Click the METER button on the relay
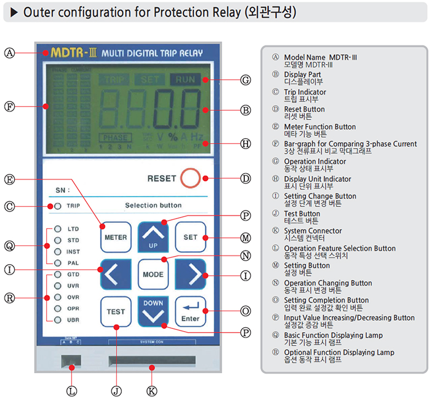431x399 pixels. pyautogui.click(x=116, y=237)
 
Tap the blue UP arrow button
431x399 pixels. pyautogui.click(x=153, y=237)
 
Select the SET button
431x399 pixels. pyautogui.click(x=190, y=237)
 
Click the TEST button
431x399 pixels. pyautogui.click(x=116, y=311)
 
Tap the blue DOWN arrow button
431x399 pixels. pyautogui.click(x=153, y=311)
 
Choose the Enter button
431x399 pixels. pyautogui.click(x=190, y=311)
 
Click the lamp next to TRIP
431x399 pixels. pyautogui.click(x=58, y=207)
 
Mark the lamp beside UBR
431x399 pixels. pyautogui.click(x=58, y=320)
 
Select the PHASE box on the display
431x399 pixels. pyautogui.click(x=114, y=138)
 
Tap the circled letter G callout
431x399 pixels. pyautogui.click(x=245, y=80)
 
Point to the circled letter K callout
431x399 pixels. pyautogui.click(x=152, y=391)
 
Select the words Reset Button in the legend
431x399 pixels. pyautogui.click(x=304, y=109)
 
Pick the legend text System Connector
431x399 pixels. pyautogui.click(x=312, y=231)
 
